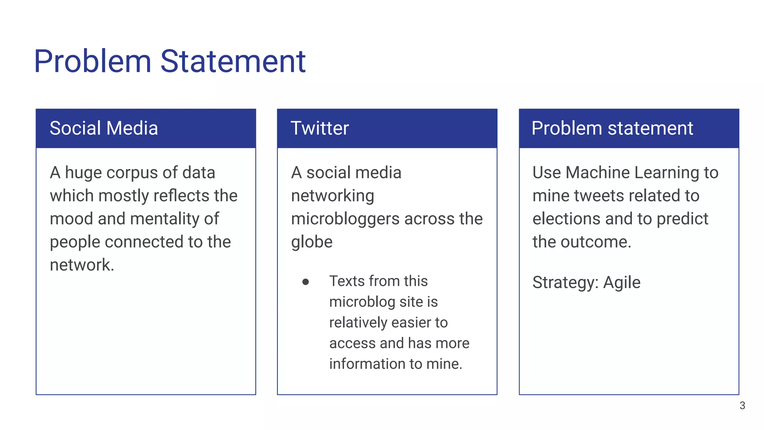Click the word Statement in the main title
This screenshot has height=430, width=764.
coord(233,61)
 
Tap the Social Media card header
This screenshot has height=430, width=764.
coord(104,128)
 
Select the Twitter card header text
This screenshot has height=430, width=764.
coord(320,128)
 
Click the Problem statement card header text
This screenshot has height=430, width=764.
coord(612,128)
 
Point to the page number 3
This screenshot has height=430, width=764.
coord(742,405)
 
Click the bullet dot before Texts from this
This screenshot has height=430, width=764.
coord(306,282)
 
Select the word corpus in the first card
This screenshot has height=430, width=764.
coord(132,173)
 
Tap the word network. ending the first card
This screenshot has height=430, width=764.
coord(82,265)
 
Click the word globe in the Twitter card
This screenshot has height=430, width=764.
coord(311,242)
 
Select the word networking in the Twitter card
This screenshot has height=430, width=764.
coord(332,196)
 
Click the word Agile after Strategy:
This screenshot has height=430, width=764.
coord(621,283)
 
